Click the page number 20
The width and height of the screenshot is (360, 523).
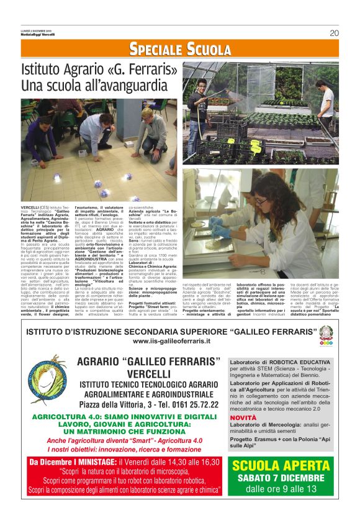coord(334,33)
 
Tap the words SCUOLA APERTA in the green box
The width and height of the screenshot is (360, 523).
coord(281,466)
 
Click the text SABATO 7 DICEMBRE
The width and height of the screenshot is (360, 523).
coord(281,478)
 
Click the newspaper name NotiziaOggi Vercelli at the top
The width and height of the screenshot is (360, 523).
coord(38,34)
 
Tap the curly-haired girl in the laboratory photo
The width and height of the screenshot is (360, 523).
coord(272,205)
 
